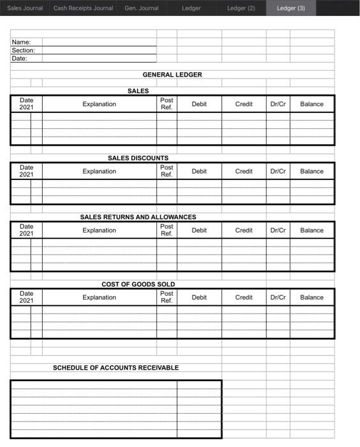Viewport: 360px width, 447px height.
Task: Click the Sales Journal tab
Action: [x=24, y=8]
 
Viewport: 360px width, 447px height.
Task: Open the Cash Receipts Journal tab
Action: [x=83, y=8]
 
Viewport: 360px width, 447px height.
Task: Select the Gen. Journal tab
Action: [x=140, y=8]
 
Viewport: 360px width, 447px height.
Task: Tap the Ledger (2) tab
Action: [x=241, y=8]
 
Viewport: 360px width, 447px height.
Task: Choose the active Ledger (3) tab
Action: [x=290, y=8]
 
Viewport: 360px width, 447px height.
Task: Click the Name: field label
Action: [x=22, y=42]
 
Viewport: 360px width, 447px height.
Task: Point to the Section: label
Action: [x=24, y=50]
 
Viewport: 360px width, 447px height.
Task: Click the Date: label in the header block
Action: [x=20, y=58]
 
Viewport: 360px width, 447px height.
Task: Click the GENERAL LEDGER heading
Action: [x=172, y=75]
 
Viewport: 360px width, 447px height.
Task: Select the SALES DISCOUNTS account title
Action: [x=138, y=158]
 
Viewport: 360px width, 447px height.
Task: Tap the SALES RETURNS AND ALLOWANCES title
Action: [x=138, y=217]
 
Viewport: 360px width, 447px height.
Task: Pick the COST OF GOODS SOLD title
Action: [x=138, y=284]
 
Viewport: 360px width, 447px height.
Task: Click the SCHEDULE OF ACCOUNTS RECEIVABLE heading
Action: [x=116, y=368]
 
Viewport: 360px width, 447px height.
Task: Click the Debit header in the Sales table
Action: [x=199, y=104]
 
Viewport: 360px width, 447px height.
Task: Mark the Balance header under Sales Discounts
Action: [x=311, y=171]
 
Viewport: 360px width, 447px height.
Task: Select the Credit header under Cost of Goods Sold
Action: [x=244, y=298]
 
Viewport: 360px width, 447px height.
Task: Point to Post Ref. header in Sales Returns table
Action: [x=167, y=231]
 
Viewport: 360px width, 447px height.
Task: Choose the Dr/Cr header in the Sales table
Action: [x=278, y=104]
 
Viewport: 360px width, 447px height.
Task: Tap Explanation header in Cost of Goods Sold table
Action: [x=99, y=298]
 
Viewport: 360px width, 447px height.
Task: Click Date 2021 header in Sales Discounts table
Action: [x=26, y=171]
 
